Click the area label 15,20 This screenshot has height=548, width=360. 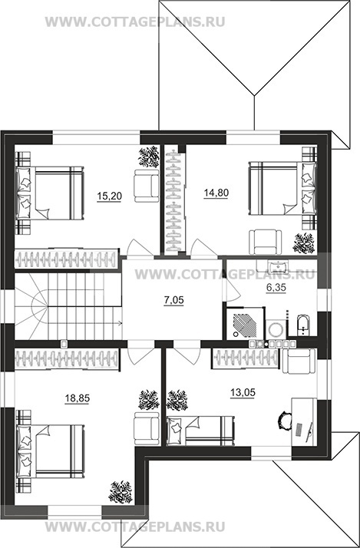pyautogui.click(x=110, y=196)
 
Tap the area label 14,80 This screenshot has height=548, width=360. pyautogui.click(x=216, y=193)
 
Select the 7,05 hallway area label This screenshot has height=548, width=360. pyautogui.click(x=173, y=301)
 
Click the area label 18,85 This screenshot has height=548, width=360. pyautogui.click(x=78, y=398)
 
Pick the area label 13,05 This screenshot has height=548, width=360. pyautogui.click(x=243, y=393)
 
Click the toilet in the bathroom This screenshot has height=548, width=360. pyautogui.click(x=302, y=324)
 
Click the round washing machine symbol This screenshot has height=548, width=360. pyautogui.click(x=276, y=328)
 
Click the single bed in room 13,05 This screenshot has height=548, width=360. pyautogui.click(x=200, y=431)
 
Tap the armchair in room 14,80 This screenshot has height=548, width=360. pyautogui.click(x=265, y=242)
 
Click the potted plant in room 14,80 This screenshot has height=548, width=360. pyautogui.click(x=304, y=243)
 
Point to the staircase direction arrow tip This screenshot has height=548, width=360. pyautogui.click(x=121, y=323)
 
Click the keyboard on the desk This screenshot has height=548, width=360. pyautogui.click(x=299, y=430)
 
